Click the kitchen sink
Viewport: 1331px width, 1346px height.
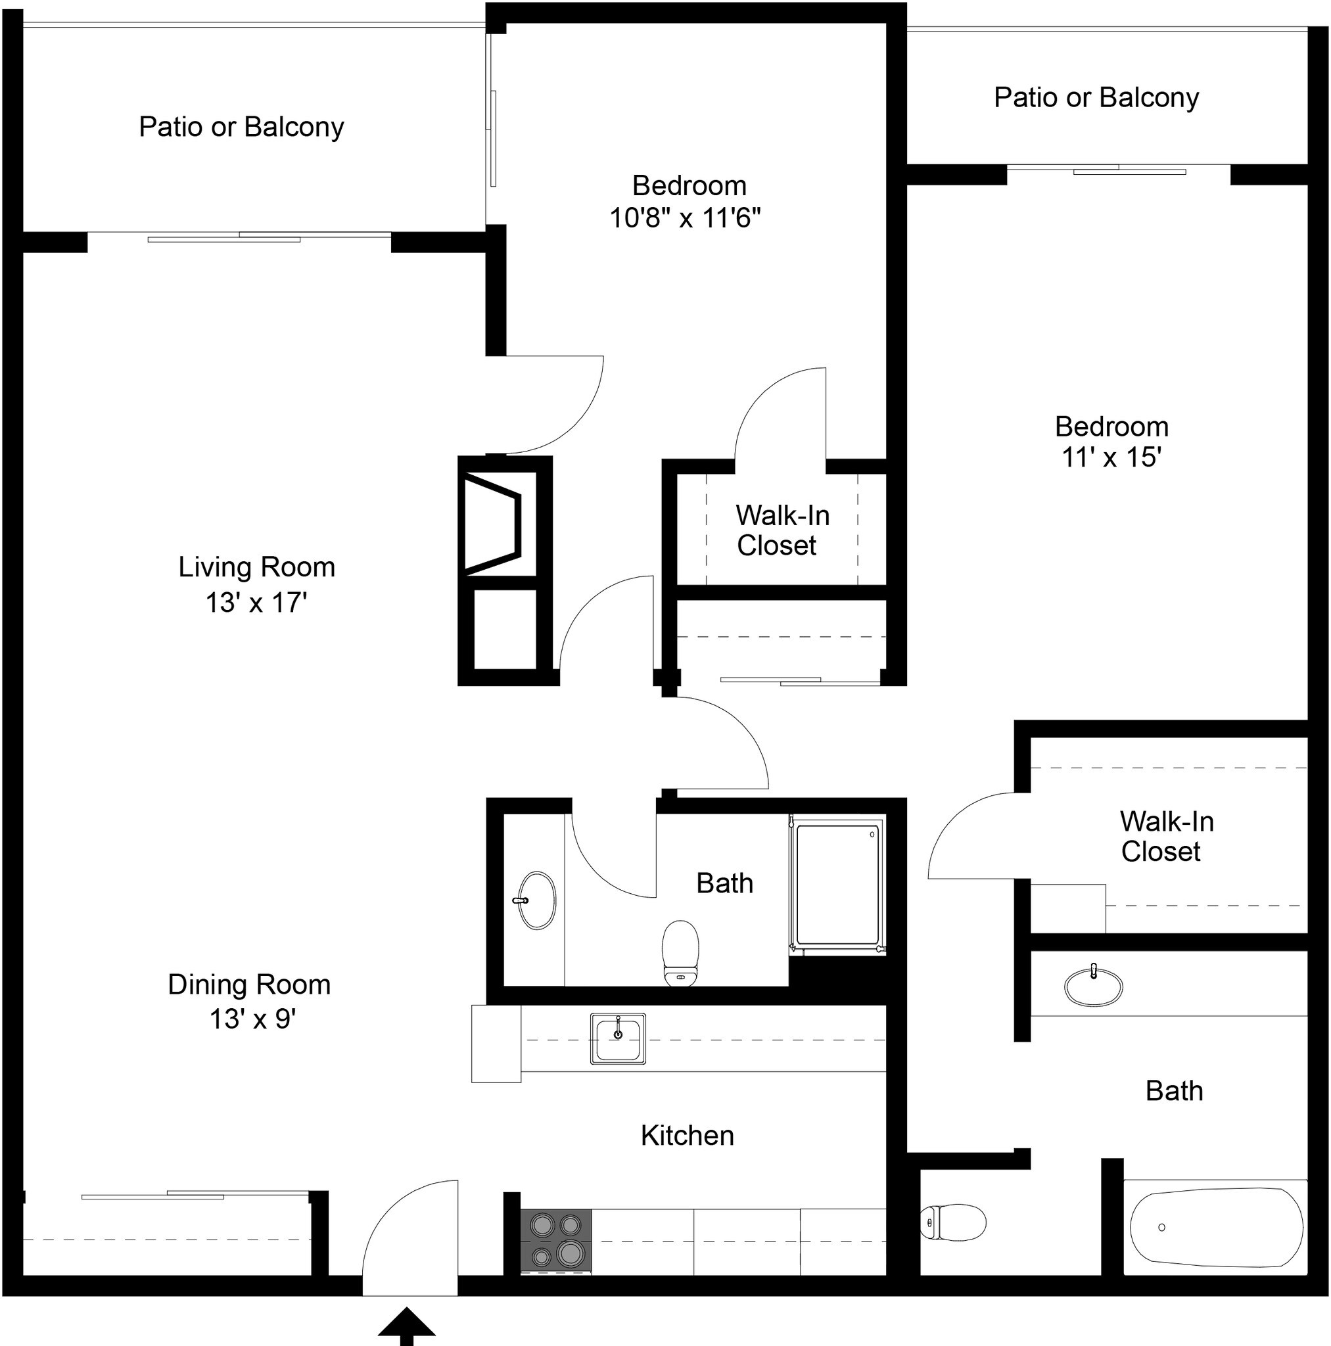click(x=617, y=1038)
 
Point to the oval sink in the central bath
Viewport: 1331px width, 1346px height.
click(x=537, y=900)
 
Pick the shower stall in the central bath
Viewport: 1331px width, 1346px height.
click(x=837, y=884)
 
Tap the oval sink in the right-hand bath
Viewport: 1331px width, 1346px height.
click(x=1093, y=986)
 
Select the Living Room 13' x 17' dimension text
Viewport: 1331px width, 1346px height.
click(x=256, y=603)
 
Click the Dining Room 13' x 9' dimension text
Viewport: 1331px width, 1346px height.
click(x=252, y=1019)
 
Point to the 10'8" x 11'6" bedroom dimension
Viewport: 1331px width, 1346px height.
click(x=685, y=218)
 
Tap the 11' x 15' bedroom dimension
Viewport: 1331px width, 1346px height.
click(x=1111, y=457)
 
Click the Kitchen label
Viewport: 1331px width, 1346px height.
click(x=687, y=1136)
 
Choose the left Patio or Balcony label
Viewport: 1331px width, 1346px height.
click(x=241, y=127)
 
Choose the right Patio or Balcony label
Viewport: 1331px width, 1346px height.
click(x=1096, y=97)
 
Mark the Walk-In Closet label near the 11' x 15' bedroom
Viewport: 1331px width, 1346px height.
click(x=1167, y=836)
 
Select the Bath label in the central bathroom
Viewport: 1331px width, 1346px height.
click(x=724, y=883)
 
